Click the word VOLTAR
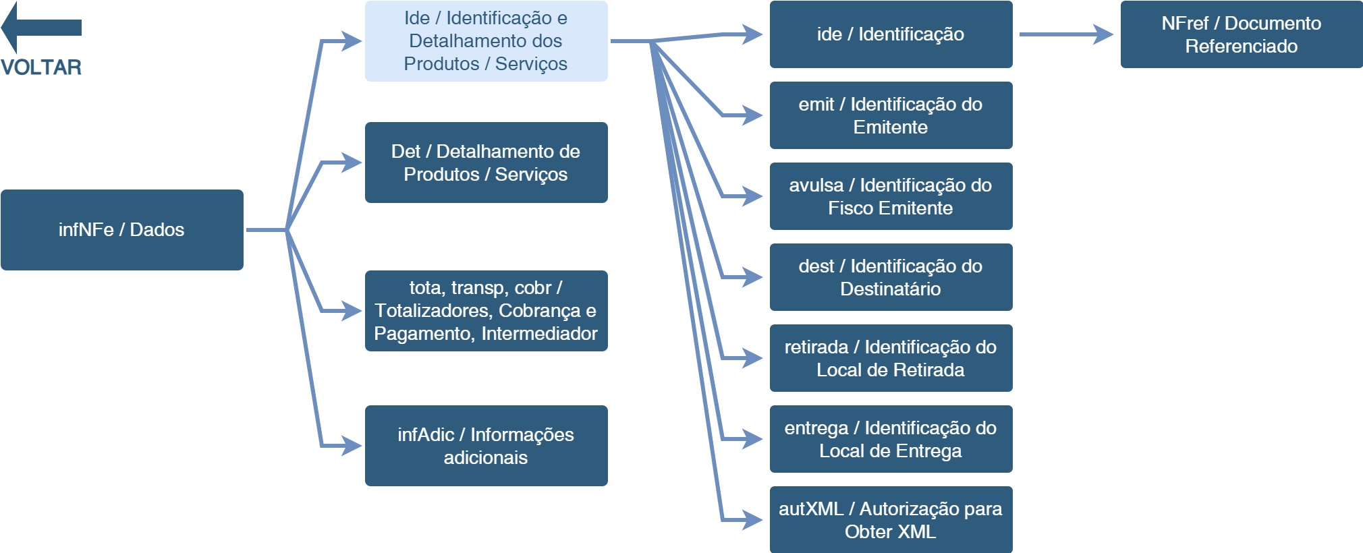click(41, 67)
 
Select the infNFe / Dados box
click(122, 230)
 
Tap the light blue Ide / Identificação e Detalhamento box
click(486, 41)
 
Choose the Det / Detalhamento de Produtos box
click(486, 163)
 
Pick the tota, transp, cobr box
click(486, 311)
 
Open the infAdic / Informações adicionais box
click(486, 446)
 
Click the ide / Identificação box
click(891, 34)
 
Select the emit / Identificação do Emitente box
click(891, 115)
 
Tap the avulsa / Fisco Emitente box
click(891, 196)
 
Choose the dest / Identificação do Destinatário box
click(891, 277)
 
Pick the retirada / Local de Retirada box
click(891, 358)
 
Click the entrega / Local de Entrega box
click(891, 439)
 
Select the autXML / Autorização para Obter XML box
click(891, 520)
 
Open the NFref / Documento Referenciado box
click(1242, 34)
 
